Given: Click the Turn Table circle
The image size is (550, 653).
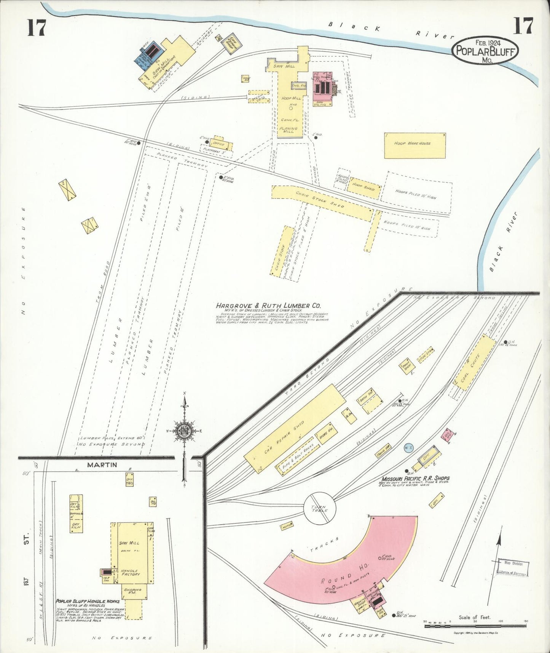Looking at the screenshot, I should (x=320, y=508).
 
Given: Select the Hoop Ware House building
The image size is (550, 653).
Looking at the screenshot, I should (x=414, y=145).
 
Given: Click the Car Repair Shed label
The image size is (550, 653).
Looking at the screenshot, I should (x=284, y=437).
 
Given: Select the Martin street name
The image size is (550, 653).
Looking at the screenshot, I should (x=102, y=465).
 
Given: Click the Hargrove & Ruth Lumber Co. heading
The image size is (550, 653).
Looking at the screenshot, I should (x=268, y=306).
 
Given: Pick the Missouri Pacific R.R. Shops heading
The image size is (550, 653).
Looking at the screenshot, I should (x=416, y=478).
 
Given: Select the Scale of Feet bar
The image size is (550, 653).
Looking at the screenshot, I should (x=475, y=626).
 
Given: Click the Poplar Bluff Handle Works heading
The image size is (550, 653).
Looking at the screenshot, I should (x=88, y=601).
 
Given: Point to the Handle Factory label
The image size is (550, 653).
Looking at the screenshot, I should (x=130, y=573).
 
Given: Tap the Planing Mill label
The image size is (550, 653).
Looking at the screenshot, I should (x=289, y=130).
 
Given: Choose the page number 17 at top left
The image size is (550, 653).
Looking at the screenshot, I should (x=37, y=27).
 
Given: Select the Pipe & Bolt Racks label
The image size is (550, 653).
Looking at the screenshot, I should (x=298, y=460).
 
